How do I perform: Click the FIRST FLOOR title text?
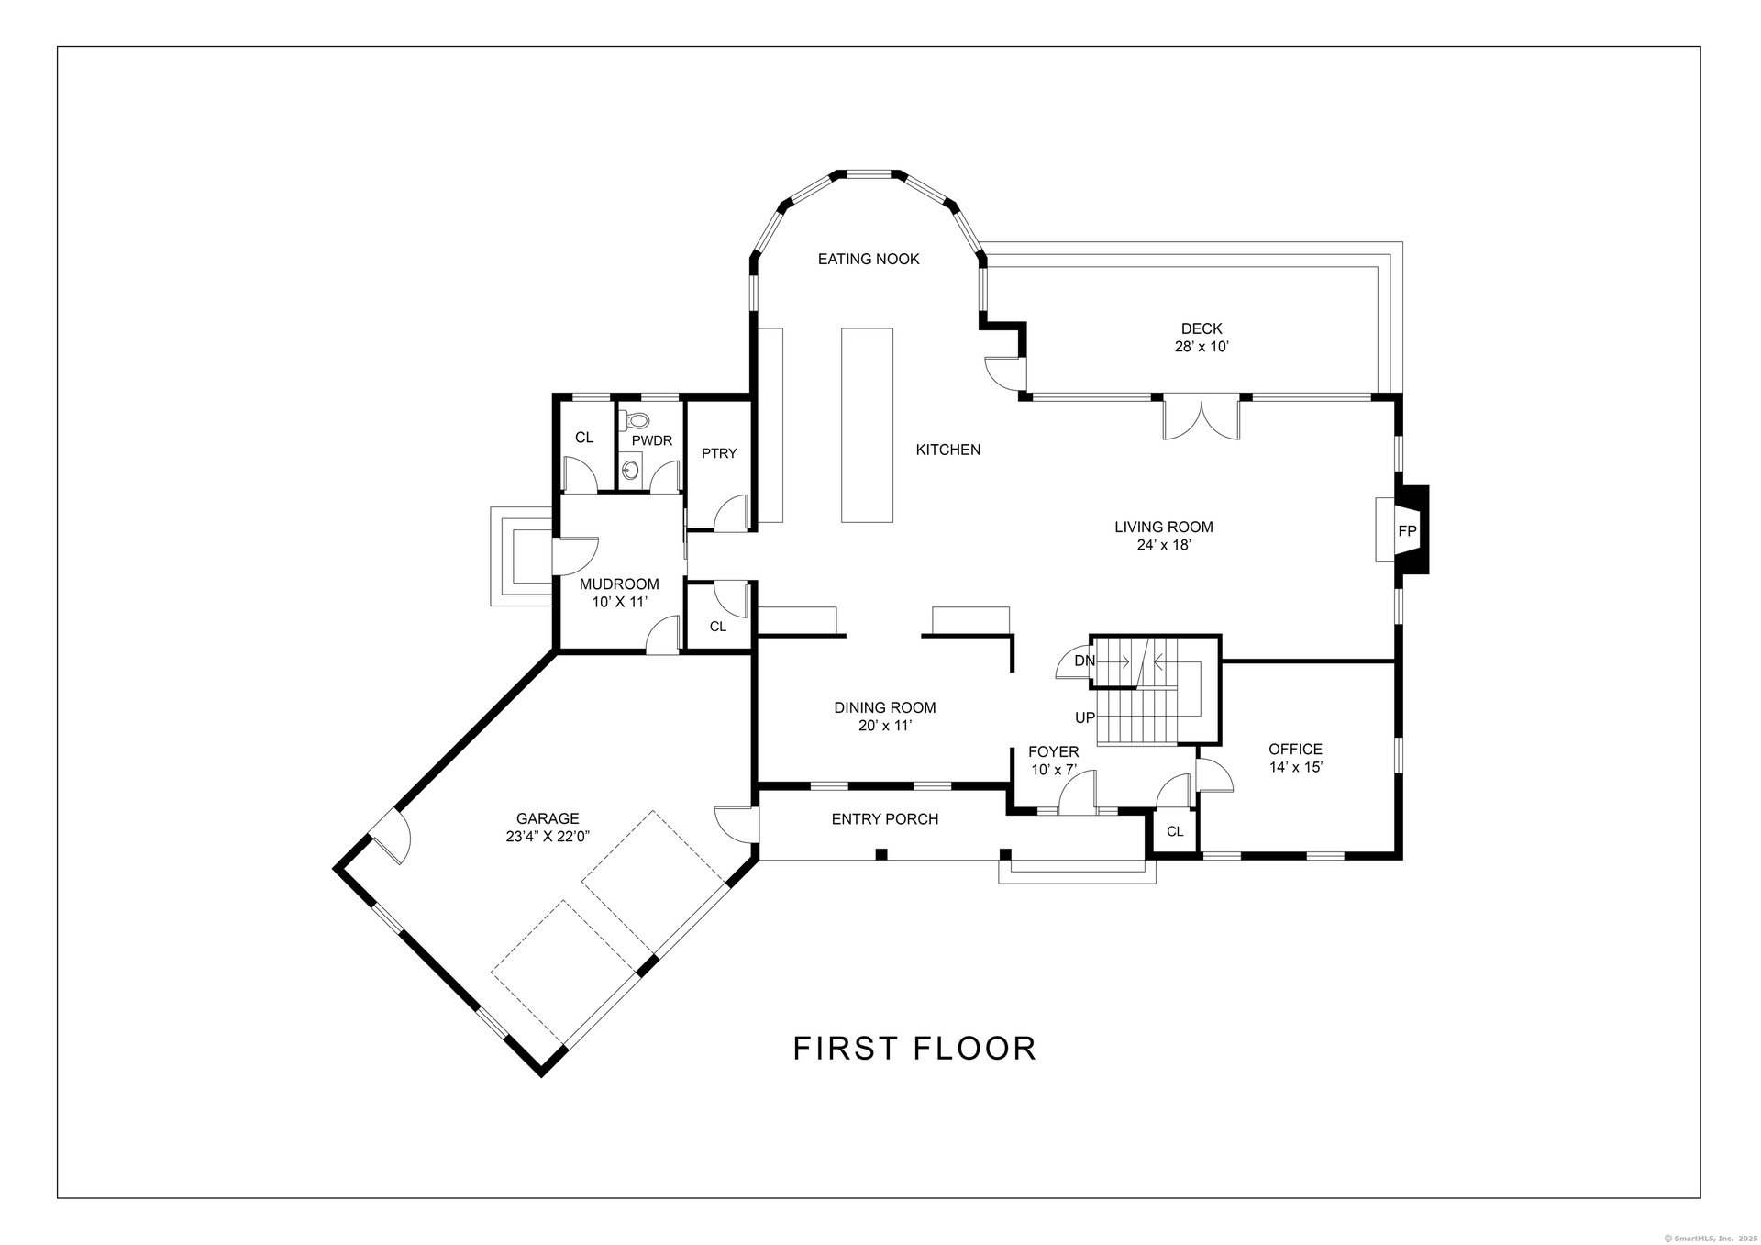click(914, 1048)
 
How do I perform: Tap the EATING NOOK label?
click(869, 260)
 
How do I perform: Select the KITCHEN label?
click(948, 450)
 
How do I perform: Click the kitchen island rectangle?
click(867, 425)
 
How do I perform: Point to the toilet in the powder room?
click(636, 421)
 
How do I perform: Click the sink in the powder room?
click(630, 471)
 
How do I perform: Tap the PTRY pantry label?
click(719, 453)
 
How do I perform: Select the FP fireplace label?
click(1407, 531)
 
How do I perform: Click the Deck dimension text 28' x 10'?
click(1202, 348)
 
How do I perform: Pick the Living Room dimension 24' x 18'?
click(1164, 545)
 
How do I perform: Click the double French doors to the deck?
click(1202, 418)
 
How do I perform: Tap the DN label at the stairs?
click(1084, 661)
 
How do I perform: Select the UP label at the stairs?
click(1085, 717)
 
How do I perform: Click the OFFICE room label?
click(1295, 750)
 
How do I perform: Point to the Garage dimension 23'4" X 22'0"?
click(548, 837)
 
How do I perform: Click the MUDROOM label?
click(619, 584)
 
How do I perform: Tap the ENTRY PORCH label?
click(885, 819)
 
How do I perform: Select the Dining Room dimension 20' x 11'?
click(885, 726)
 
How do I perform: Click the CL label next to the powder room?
click(584, 438)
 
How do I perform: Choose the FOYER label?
click(1053, 752)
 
